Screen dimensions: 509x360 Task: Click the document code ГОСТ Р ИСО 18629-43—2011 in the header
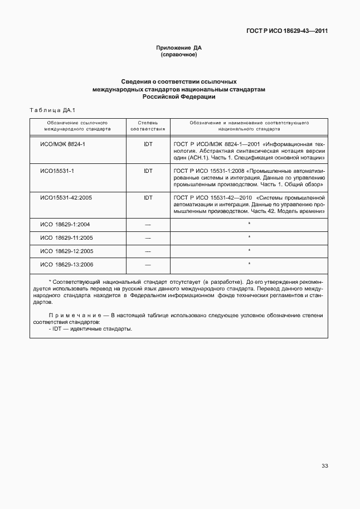coord(287,31)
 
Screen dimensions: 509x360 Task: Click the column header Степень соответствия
coord(148,125)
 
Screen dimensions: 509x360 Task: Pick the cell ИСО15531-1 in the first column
coord(57,171)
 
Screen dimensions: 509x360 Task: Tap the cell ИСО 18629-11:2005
coord(67,237)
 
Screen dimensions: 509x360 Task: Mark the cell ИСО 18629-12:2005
coord(67,251)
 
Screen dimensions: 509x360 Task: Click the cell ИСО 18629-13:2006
coord(67,264)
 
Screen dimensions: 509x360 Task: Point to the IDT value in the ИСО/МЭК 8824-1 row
coord(148,144)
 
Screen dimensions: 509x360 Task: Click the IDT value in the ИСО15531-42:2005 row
coord(148,197)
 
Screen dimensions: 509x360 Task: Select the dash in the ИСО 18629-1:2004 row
coord(148,224)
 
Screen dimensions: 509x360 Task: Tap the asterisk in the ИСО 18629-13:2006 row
coord(249,263)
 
